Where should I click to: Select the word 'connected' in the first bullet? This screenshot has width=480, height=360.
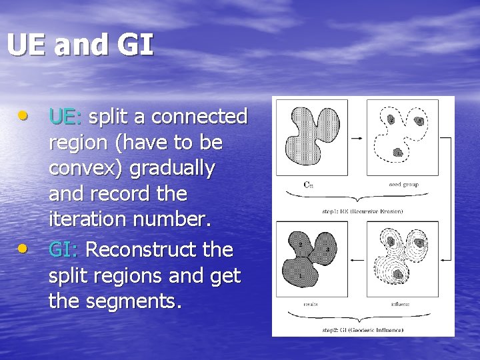199,117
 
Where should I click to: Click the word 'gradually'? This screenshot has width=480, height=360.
172,169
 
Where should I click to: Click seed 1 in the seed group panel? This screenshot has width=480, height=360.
398,153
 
